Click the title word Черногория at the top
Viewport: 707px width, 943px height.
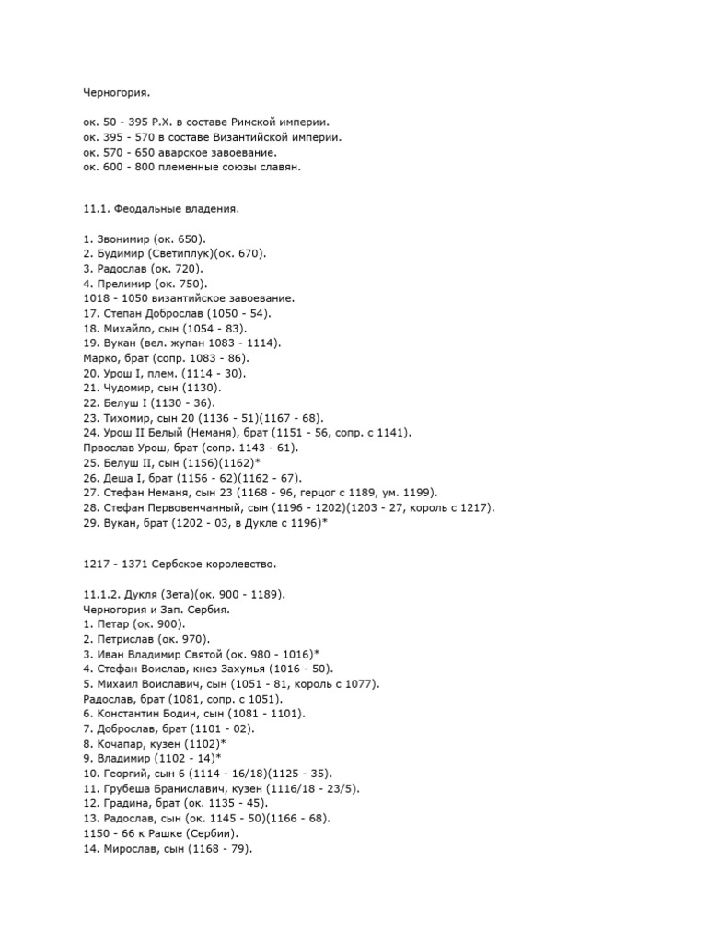click(x=115, y=93)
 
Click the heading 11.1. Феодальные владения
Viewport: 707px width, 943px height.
click(x=160, y=210)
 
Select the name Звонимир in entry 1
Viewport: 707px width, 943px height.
click(x=124, y=239)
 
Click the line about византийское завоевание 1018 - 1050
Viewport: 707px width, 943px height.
click(x=188, y=299)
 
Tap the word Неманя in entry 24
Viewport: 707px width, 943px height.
click(x=214, y=433)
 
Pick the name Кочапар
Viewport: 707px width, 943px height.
click(x=122, y=743)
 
